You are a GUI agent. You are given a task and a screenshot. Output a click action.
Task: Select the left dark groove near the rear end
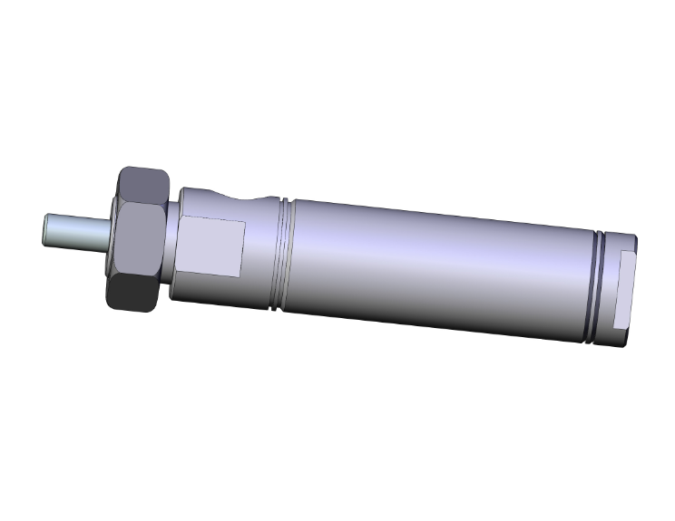(x=594, y=288)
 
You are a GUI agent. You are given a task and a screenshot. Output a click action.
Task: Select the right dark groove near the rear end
(x=604, y=290)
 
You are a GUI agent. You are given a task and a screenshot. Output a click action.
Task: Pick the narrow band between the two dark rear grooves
(x=599, y=289)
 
